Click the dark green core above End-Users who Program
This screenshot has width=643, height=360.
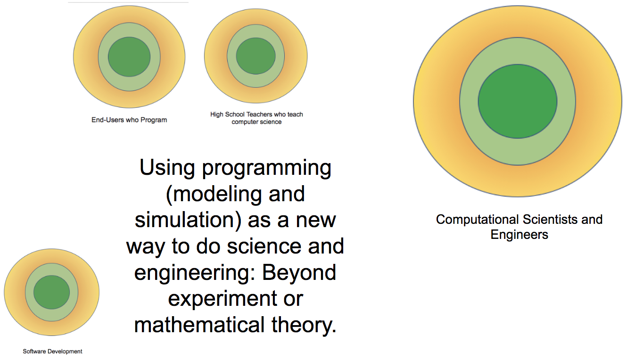click(x=129, y=57)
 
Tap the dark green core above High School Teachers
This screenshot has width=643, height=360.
click(x=256, y=56)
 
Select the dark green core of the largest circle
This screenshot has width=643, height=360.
click(x=518, y=101)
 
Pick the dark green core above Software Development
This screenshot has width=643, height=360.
click(x=52, y=292)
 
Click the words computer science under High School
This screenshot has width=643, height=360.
click(x=256, y=122)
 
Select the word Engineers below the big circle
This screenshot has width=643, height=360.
click(x=519, y=235)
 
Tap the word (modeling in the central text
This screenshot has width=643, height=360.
click(x=214, y=194)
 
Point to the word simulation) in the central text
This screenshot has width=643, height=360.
click(x=188, y=220)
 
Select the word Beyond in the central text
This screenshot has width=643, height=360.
click(x=299, y=272)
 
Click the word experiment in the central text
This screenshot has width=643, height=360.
click(x=223, y=299)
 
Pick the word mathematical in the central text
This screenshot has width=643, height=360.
click(x=199, y=325)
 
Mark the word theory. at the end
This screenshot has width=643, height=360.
click(x=304, y=325)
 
